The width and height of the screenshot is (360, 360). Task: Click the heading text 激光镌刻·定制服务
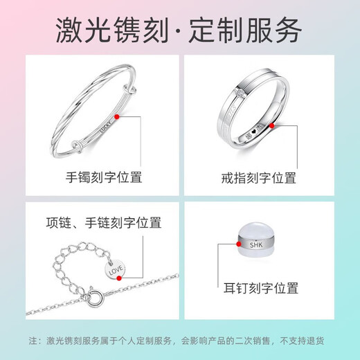(179, 30)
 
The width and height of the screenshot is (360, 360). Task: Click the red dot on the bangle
(118, 120)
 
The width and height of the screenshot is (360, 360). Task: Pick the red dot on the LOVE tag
(118, 276)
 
